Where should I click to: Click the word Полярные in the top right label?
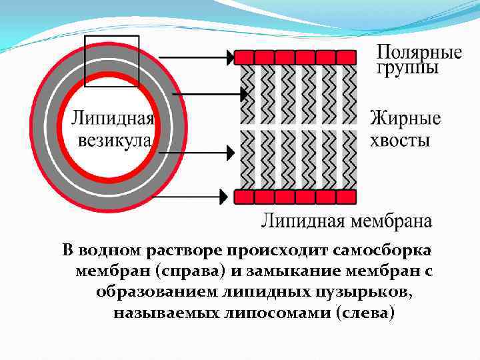419,53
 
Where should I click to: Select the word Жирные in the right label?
405,119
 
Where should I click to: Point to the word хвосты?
400,140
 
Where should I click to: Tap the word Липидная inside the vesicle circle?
113,120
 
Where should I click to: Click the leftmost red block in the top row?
244,57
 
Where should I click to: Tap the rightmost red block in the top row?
349,57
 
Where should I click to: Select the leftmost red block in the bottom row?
244,197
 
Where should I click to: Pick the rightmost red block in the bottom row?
349,197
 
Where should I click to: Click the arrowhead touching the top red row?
229,57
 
